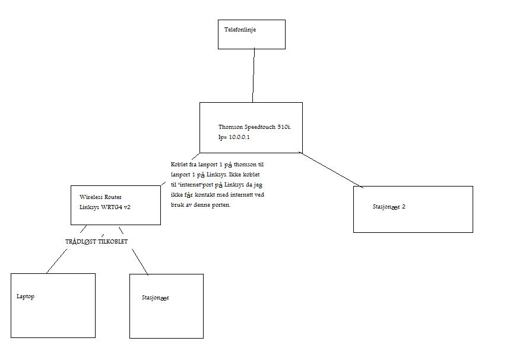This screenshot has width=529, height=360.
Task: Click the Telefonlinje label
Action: click(x=240, y=30)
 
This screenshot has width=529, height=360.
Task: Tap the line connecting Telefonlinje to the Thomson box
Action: click(x=254, y=75)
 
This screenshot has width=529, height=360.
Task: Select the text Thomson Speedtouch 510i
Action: click(x=255, y=127)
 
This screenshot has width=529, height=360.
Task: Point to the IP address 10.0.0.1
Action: click(x=239, y=137)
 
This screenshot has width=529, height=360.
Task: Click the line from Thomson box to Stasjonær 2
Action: click(x=331, y=170)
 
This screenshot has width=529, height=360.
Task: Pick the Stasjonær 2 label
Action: click(x=389, y=207)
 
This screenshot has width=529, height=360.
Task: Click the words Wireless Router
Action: click(x=100, y=197)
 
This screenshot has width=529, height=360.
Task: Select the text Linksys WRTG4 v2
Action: click(x=105, y=207)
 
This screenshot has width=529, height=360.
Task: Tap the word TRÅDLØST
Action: click(x=81, y=241)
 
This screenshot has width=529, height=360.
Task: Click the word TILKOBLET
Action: click(x=113, y=241)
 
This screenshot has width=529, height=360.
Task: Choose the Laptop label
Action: click(x=26, y=296)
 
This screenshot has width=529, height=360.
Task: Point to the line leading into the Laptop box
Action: click(x=56, y=261)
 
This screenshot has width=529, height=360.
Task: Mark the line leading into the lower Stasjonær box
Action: click(x=140, y=262)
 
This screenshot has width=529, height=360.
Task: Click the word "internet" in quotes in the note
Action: click(x=190, y=185)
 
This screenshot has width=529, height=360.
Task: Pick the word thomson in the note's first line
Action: click(x=245, y=165)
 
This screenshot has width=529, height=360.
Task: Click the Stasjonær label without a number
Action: click(x=155, y=298)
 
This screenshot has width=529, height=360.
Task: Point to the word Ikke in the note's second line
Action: click(x=235, y=175)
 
